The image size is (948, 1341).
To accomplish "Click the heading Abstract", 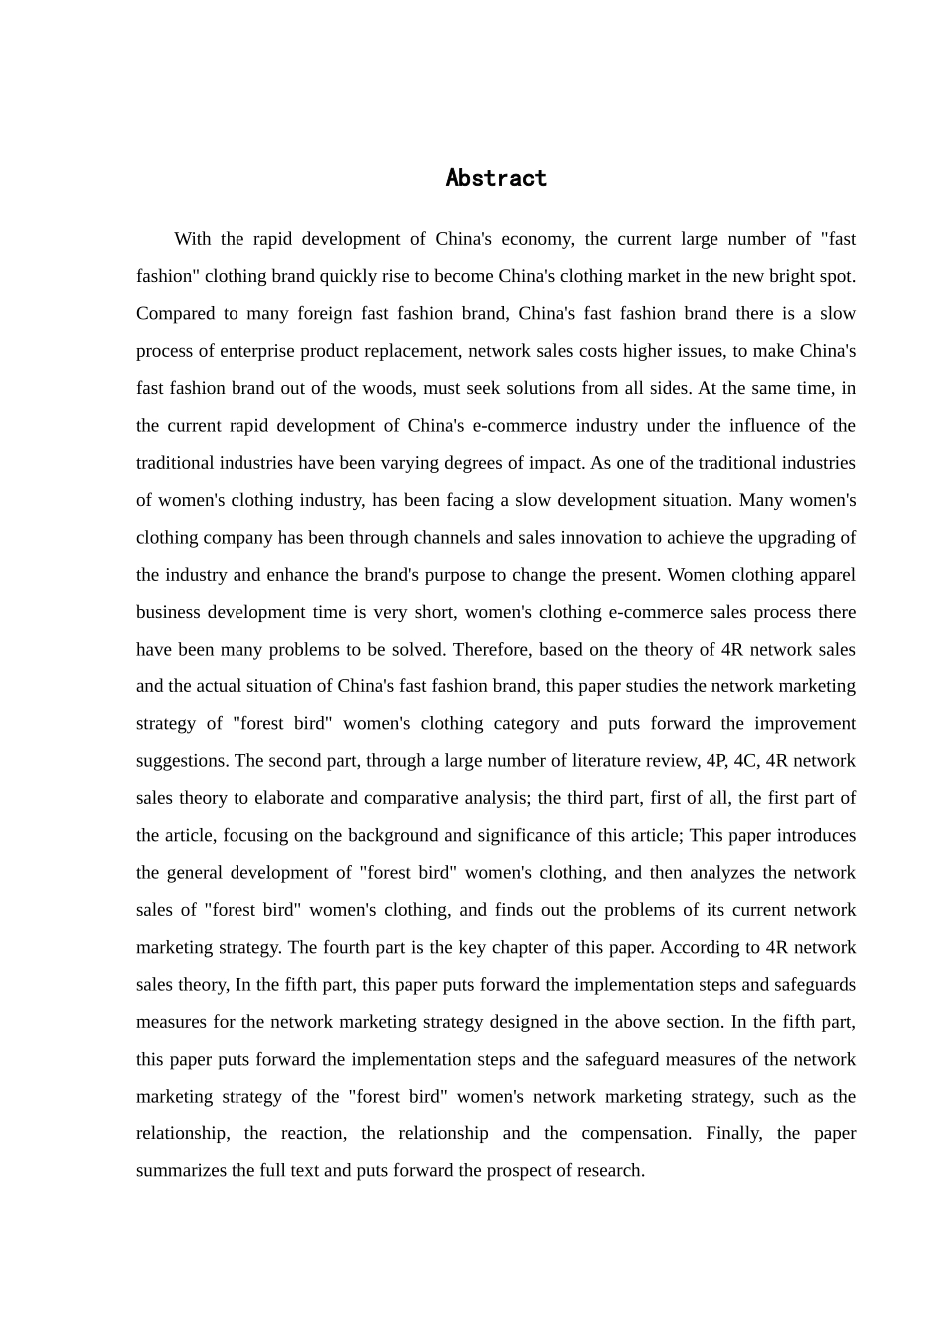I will click(496, 178).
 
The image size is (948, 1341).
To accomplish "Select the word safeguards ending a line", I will click(815, 985).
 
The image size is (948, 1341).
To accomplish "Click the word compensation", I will click(635, 1133).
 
